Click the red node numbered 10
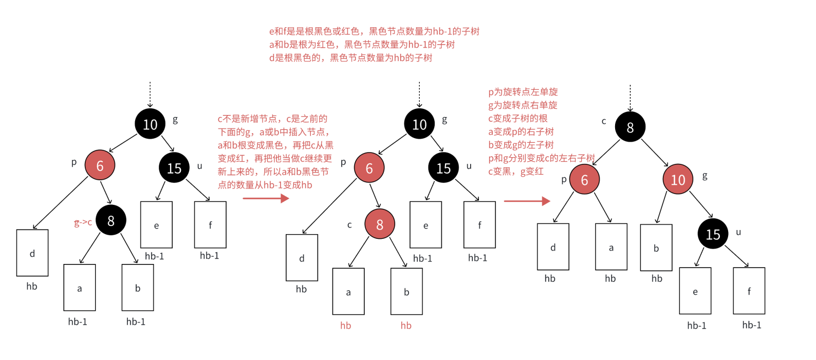pyautogui.click(x=678, y=179)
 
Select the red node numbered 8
pyautogui.click(x=380, y=224)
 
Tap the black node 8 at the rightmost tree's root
pyautogui.click(x=630, y=127)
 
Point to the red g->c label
pyautogui.click(x=83, y=222)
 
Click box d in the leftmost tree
pyautogui.click(x=32, y=253)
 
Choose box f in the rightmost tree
pyautogui.click(x=749, y=291)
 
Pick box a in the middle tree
pyautogui.click(x=348, y=291)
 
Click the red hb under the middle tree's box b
pyautogui.click(x=406, y=326)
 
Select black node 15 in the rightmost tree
pyautogui.click(x=713, y=234)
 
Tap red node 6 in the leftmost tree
pyautogui.click(x=100, y=165)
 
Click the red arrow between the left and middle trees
pyautogui.click(x=266, y=198)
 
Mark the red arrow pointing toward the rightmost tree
pyautogui.click(x=527, y=201)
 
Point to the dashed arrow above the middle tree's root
pyautogui.click(x=419, y=94)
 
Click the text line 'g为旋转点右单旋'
pyautogui.click(x=523, y=105)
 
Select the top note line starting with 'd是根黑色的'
pyautogui.click(x=350, y=58)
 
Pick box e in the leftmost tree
pyautogui.click(x=156, y=224)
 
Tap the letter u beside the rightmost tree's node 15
pyautogui.click(x=738, y=232)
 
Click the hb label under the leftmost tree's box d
pyautogui.click(x=32, y=287)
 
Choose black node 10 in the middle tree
pyautogui.click(x=419, y=124)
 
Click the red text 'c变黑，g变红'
pyautogui.click(x=515, y=172)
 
